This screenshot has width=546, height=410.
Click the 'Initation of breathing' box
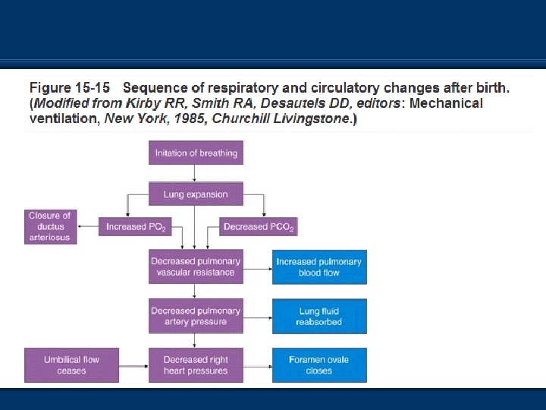(x=196, y=153)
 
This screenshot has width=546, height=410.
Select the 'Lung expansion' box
(x=196, y=194)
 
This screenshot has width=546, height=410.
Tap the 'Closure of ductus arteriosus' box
(x=49, y=226)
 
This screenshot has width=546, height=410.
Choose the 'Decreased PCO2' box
(x=259, y=226)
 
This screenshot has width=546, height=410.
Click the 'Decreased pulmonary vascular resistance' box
(x=196, y=266)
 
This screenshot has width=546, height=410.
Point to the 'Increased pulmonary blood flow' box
(x=319, y=266)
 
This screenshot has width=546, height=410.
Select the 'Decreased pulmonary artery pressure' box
(x=196, y=316)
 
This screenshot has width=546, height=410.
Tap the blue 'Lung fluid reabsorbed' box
(x=319, y=316)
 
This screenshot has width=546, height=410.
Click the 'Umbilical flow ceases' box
(x=71, y=365)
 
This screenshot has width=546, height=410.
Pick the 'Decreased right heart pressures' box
(x=196, y=365)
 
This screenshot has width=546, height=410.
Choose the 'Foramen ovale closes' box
(x=319, y=365)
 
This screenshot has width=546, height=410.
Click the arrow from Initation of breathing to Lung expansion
(x=196, y=173)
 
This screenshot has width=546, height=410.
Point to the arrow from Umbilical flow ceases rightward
(x=133, y=365)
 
